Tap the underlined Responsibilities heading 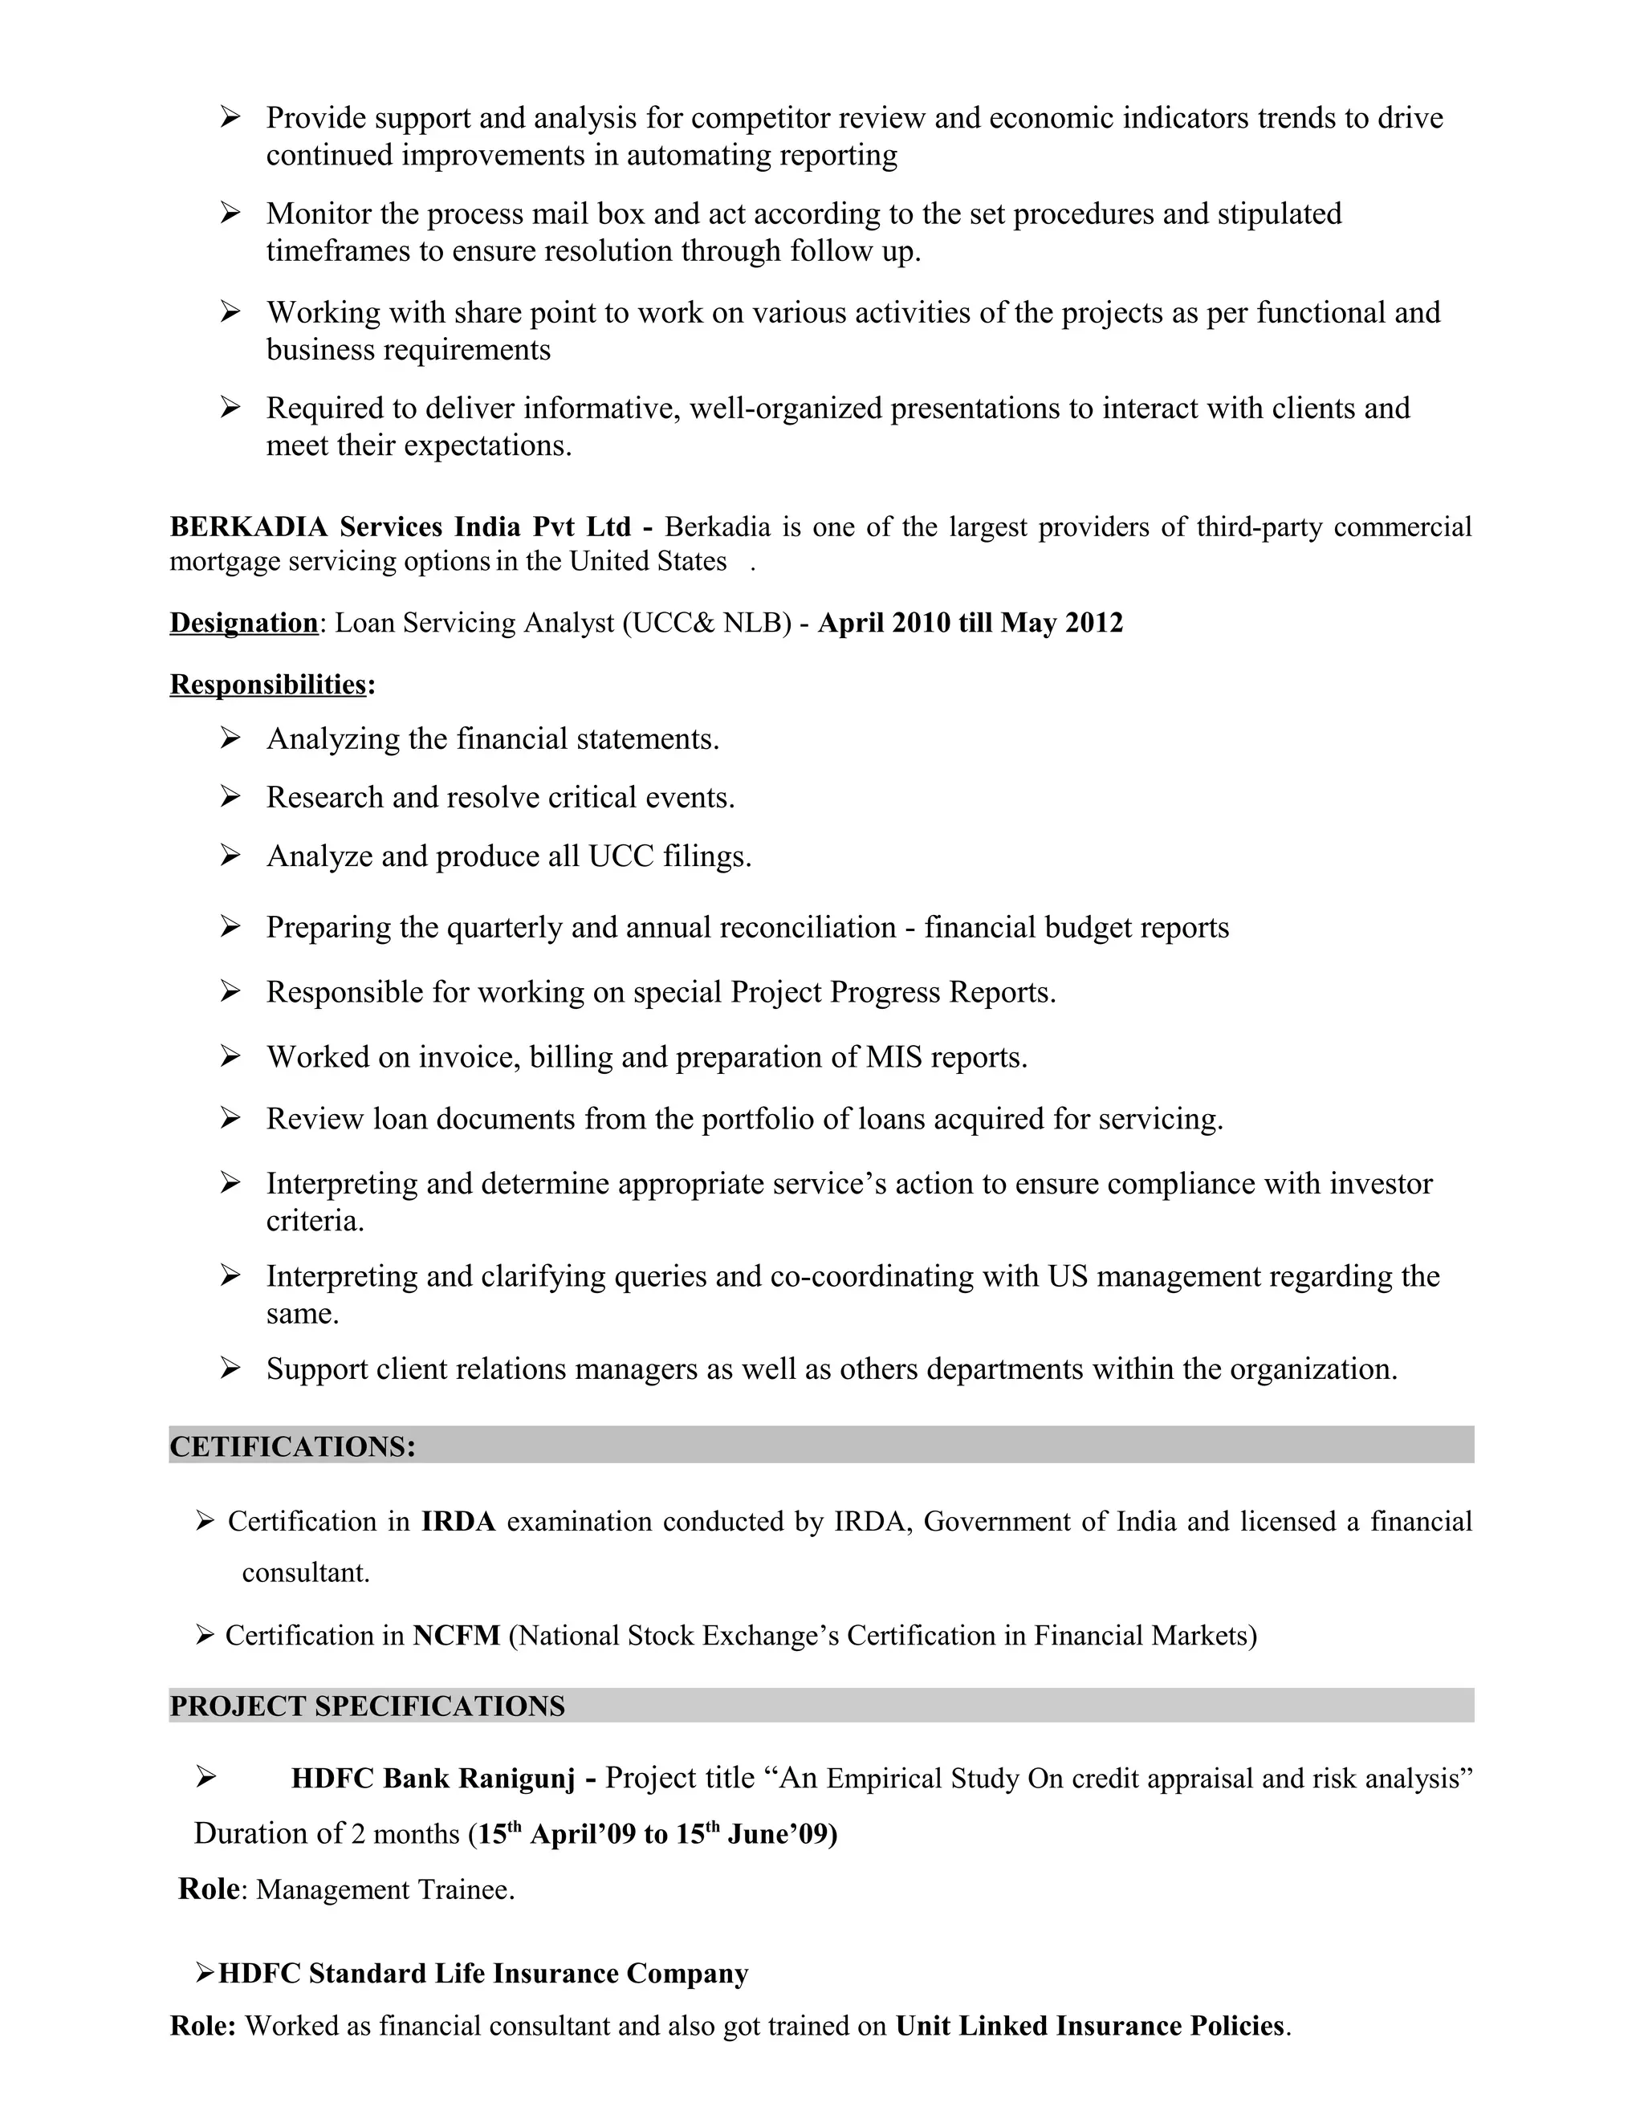click(x=268, y=685)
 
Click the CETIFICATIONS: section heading click(x=292, y=1446)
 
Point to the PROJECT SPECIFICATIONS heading click(x=367, y=1706)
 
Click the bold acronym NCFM click(x=456, y=1635)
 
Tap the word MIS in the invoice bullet click(x=893, y=1057)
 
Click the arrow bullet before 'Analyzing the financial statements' click(x=230, y=738)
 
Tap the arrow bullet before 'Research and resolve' click(x=230, y=797)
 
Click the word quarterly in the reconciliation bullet click(x=504, y=927)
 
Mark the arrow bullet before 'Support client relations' click(x=230, y=1369)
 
